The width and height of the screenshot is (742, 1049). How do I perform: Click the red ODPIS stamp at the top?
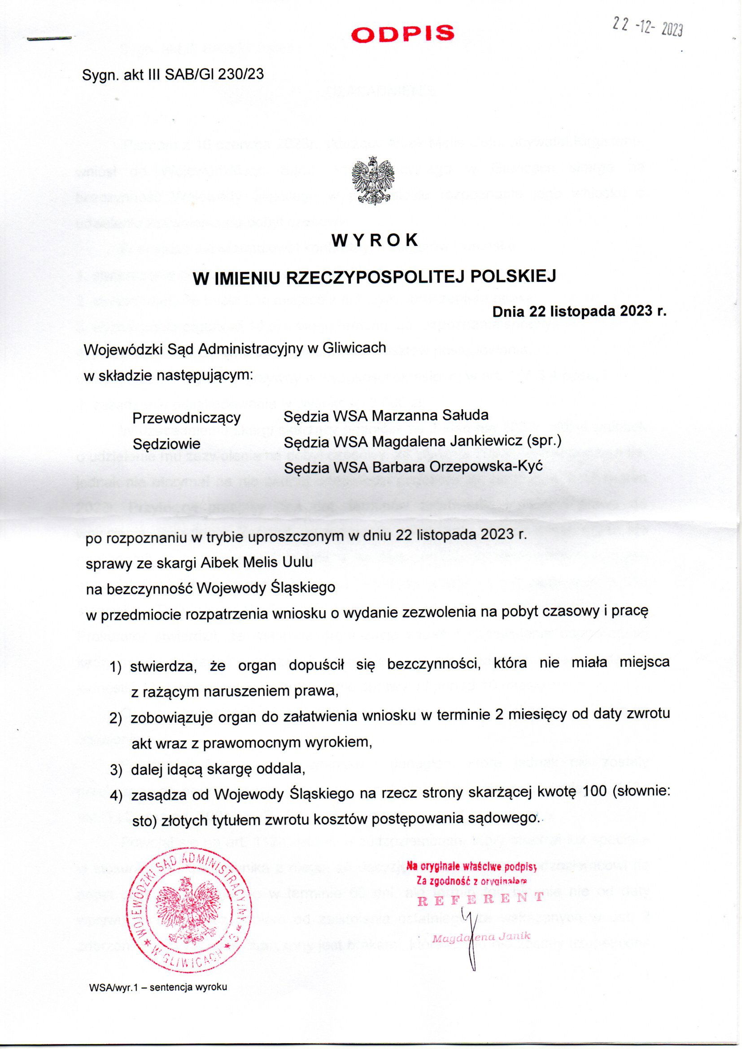[403, 34]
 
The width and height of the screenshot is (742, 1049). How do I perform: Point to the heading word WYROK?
[375, 240]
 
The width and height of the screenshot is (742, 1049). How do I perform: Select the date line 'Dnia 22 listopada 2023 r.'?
[579, 311]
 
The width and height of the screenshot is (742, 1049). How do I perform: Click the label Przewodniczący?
[187, 418]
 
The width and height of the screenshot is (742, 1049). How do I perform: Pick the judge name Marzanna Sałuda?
[430, 416]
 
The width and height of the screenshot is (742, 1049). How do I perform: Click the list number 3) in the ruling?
[116, 770]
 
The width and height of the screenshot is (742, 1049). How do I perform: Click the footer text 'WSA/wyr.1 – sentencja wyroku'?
[158, 999]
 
